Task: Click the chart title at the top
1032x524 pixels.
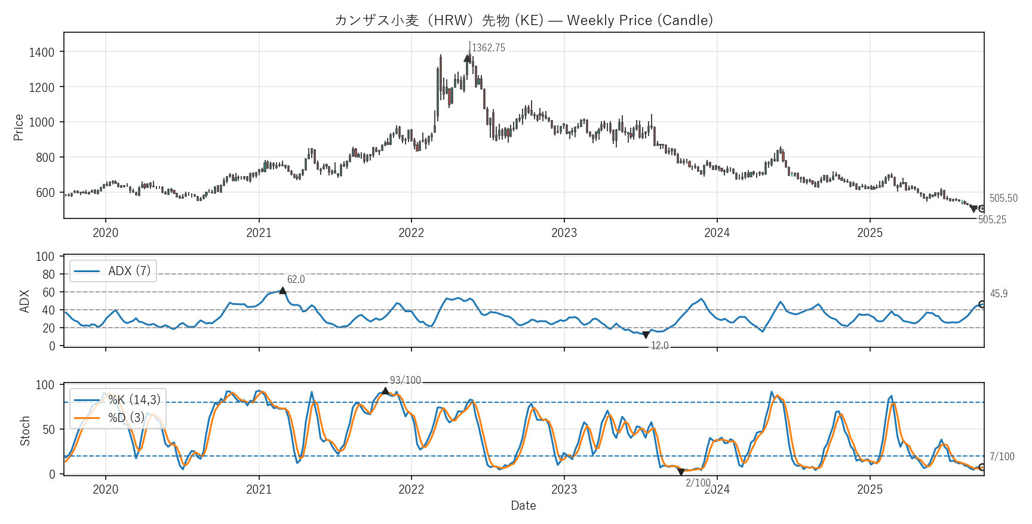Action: tap(523, 20)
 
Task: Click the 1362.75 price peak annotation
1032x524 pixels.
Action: tap(488, 48)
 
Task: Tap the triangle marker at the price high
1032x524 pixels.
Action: tap(467, 58)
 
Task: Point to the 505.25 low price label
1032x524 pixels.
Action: tap(992, 220)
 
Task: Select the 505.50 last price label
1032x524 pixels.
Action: tap(1003, 198)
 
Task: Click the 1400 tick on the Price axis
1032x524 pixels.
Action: tap(42, 53)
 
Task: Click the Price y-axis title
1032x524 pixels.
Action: tap(19, 127)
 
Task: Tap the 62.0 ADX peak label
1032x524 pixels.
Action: tap(296, 279)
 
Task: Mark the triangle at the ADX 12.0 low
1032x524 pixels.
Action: tap(646, 335)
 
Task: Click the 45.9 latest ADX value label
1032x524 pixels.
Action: tap(999, 294)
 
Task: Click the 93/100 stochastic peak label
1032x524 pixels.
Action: tap(405, 380)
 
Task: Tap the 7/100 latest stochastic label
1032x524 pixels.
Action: tap(1002, 457)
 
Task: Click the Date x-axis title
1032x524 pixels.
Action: tap(523, 505)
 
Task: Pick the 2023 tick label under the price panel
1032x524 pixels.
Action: tap(564, 233)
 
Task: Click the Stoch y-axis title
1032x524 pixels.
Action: tap(25, 431)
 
